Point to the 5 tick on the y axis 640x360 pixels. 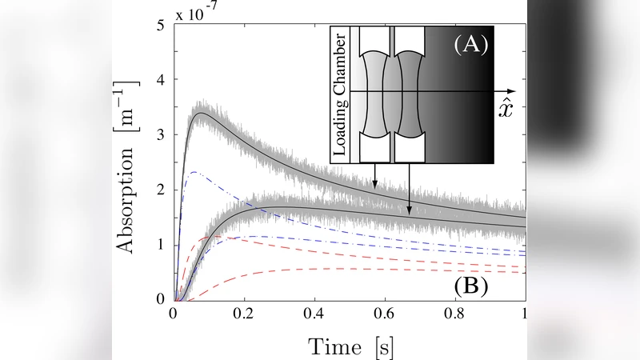click(161, 26)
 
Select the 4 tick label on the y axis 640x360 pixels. click(161, 81)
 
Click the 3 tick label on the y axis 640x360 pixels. click(161, 135)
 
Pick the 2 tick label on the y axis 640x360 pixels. click(161, 190)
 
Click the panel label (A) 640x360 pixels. click(471, 45)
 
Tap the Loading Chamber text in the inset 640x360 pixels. click(341, 94)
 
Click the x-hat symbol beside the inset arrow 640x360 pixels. click(505, 107)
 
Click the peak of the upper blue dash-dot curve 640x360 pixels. click(194, 172)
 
